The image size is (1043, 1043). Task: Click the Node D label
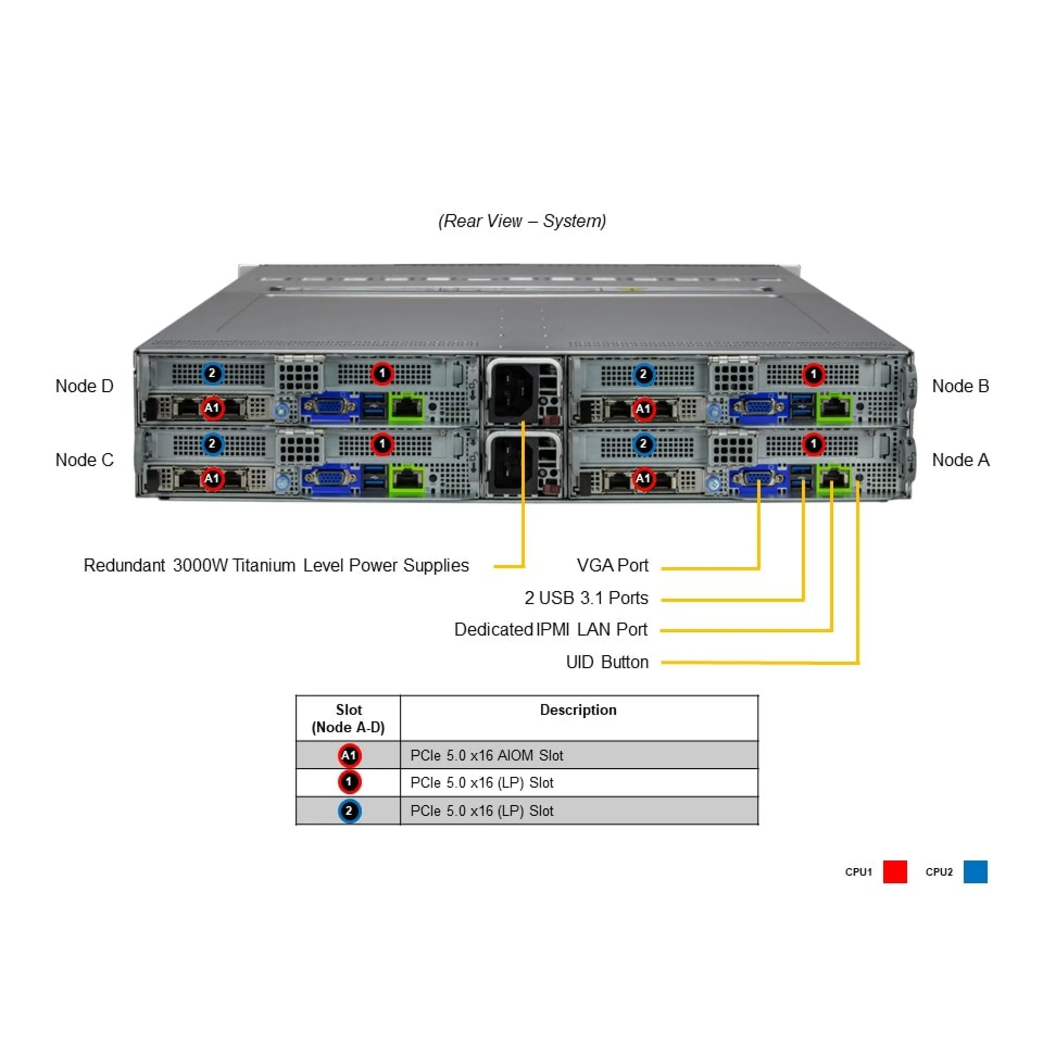[84, 386]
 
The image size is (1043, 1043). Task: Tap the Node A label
[960, 460]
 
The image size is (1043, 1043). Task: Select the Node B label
[960, 386]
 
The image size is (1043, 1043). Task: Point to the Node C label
[84, 460]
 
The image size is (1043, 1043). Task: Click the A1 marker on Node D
[212, 408]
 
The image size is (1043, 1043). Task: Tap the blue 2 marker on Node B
[643, 374]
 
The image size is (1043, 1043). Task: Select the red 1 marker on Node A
[813, 444]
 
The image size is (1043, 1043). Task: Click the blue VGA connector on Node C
[330, 479]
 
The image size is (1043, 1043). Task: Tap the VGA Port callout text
[612, 566]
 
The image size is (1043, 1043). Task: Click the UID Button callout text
[607, 662]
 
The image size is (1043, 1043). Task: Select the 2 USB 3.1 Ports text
[586, 598]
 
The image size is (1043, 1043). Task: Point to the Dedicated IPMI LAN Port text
[550, 630]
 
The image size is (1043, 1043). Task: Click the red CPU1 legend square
[895, 872]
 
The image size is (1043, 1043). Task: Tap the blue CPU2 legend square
[975, 872]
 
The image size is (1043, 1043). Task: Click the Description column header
[578, 710]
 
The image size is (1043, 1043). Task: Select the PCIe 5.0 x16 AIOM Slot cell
[487, 756]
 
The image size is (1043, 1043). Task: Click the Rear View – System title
[522, 221]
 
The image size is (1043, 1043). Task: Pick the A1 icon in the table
[349, 756]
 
